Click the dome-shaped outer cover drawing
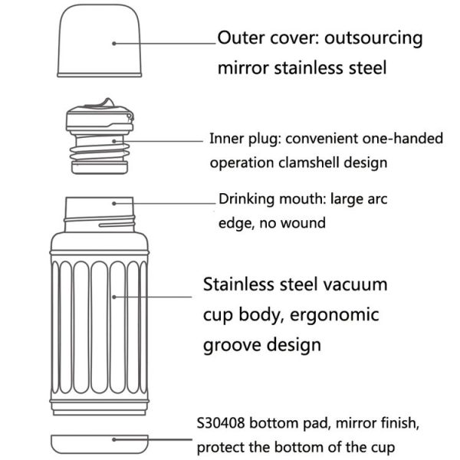[99, 41]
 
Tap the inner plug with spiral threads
[100, 136]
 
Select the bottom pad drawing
[100, 444]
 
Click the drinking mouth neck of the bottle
[100, 215]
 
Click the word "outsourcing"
[373, 38]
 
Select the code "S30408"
[220, 423]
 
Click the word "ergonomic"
[334, 316]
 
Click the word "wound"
[303, 223]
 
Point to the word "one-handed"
[402, 139]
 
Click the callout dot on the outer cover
[114, 44]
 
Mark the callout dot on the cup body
[114, 297]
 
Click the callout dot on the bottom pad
[114, 439]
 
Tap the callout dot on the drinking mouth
[114, 203]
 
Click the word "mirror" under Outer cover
[243, 67]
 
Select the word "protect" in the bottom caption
[221, 448]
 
